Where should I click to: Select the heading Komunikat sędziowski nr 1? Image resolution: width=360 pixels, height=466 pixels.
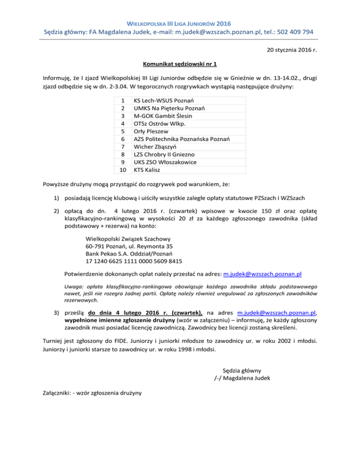180,63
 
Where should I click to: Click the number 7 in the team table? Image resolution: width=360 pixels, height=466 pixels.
123,147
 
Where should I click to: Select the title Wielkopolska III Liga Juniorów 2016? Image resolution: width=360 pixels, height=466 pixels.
180,22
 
